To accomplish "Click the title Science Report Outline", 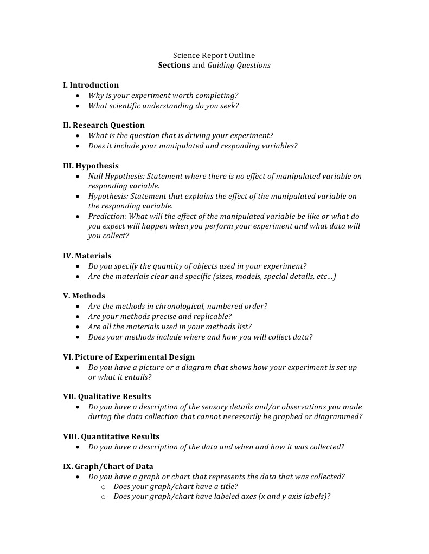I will (x=214, y=55).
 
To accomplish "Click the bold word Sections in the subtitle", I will (x=174, y=66).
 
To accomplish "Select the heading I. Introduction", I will (x=91, y=85).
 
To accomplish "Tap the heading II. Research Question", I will (x=104, y=125).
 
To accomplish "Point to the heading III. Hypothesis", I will (x=91, y=166).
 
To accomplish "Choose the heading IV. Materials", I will (x=87, y=256).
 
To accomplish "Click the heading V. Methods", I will (x=84, y=296).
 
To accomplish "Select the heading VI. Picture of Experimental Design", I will (x=129, y=357).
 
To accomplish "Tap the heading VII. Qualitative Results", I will (x=107, y=396).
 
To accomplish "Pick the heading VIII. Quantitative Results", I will (x=111, y=436).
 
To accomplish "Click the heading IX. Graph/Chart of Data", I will (x=108, y=466).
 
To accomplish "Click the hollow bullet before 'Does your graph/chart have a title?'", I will (x=104, y=487).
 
